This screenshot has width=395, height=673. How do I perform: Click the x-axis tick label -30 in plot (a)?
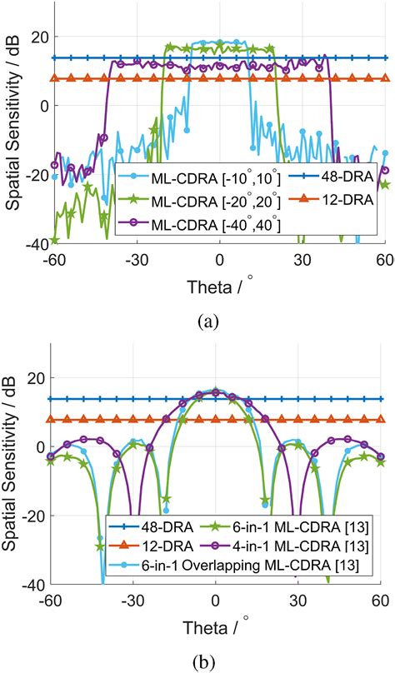(x=132, y=259)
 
